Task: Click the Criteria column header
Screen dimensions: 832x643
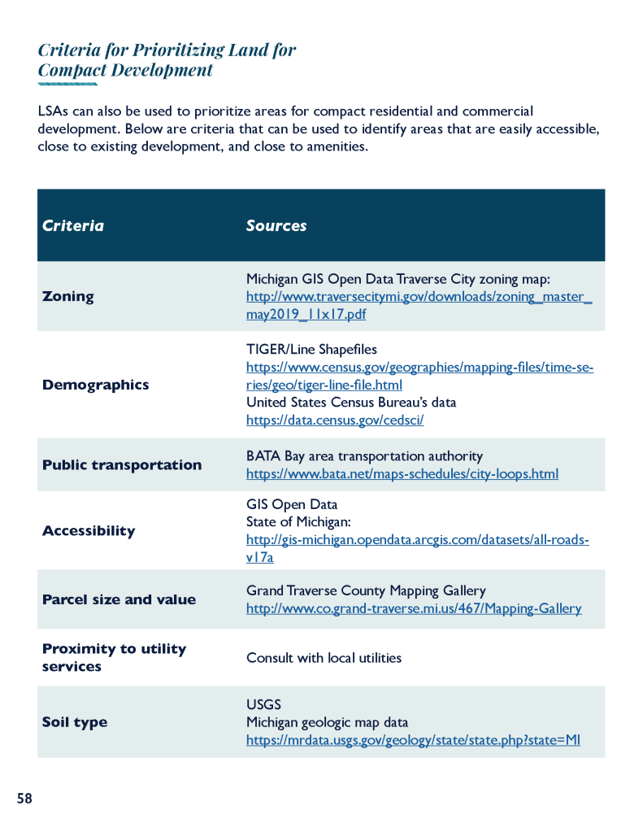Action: point(73,225)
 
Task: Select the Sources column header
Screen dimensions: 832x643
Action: point(276,225)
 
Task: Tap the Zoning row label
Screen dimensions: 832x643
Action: point(67,296)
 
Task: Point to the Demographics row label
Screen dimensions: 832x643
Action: point(95,385)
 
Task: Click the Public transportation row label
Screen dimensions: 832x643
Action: point(122,464)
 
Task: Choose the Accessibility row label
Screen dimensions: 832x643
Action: point(89,530)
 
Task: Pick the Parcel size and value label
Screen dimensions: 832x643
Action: point(119,599)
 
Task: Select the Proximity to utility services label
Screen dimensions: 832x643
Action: point(114,657)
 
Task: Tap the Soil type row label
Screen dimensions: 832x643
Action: point(74,722)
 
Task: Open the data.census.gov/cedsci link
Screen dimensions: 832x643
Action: point(335,420)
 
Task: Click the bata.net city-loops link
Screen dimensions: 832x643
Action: point(402,473)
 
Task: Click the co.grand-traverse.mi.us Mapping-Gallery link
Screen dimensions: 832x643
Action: point(414,608)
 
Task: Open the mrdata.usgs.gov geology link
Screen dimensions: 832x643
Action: point(413,740)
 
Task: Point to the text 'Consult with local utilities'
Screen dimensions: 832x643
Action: point(324,657)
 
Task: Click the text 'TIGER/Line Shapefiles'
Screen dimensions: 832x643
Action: point(311,349)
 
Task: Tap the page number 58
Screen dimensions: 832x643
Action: point(24,799)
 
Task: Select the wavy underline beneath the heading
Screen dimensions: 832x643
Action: point(67,84)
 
